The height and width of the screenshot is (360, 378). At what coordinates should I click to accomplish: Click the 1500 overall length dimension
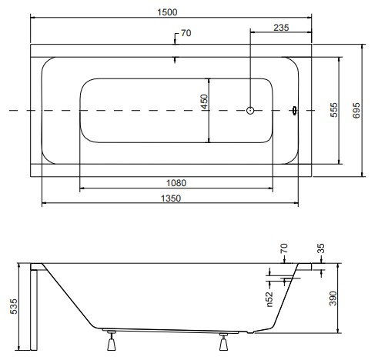pos(167,12)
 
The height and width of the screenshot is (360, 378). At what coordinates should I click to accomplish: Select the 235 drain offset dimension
pos(281,28)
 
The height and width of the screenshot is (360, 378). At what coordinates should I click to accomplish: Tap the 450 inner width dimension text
pos(204,102)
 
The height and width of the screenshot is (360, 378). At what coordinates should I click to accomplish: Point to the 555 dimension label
pos(334,110)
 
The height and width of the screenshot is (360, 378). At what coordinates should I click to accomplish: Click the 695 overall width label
pos(356,111)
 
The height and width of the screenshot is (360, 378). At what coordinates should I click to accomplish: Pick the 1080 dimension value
pos(176,183)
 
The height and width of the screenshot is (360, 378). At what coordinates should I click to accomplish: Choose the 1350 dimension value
pos(171,198)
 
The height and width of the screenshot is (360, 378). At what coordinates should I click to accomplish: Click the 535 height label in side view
pos(13,306)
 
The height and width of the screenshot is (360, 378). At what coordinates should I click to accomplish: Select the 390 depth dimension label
pos(333,298)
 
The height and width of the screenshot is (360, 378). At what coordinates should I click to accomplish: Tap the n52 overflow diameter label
pos(269,299)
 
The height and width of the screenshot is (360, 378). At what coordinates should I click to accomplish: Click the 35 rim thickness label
pos(321,248)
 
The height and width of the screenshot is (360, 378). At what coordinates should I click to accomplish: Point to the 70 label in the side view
pos(284,248)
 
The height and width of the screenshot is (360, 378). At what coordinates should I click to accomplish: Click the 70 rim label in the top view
pos(186,33)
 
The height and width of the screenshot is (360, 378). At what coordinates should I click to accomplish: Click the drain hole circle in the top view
pos(250,111)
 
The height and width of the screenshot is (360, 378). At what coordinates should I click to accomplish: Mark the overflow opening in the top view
pos(294,111)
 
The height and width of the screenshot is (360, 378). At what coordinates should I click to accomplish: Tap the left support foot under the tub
pos(112,341)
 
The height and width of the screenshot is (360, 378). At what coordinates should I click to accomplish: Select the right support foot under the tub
pos(223,342)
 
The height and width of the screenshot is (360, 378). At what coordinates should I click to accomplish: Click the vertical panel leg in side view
pos(34,310)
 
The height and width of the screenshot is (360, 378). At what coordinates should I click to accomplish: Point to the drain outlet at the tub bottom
pos(250,332)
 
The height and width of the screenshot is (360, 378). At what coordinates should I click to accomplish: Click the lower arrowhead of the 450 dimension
pos(209,140)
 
